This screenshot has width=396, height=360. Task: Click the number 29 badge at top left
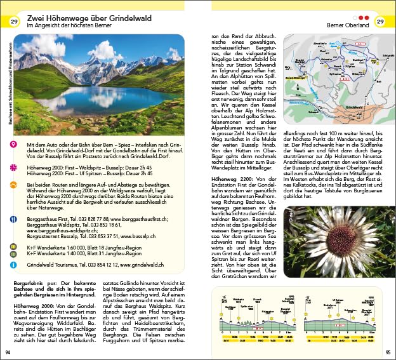(14, 23)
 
